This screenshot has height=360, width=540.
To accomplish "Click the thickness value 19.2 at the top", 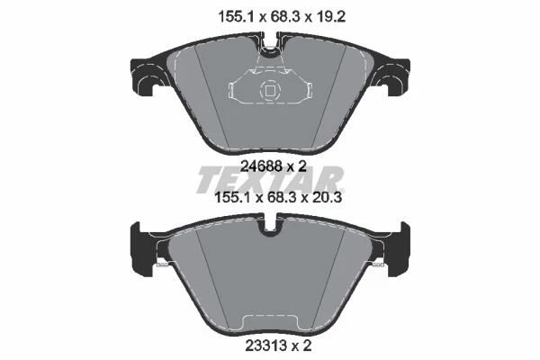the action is (331, 16).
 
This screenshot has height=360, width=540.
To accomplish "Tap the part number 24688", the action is (262, 166).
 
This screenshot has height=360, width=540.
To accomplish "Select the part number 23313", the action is (267, 346).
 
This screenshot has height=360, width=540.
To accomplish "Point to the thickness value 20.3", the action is (327, 198).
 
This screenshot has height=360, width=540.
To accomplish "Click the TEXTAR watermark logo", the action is (270, 180).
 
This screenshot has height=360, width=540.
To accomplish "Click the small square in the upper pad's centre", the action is (270, 91).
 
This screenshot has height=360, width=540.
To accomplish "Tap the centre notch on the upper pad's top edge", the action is (270, 49).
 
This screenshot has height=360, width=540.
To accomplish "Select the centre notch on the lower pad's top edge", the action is (270, 226).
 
